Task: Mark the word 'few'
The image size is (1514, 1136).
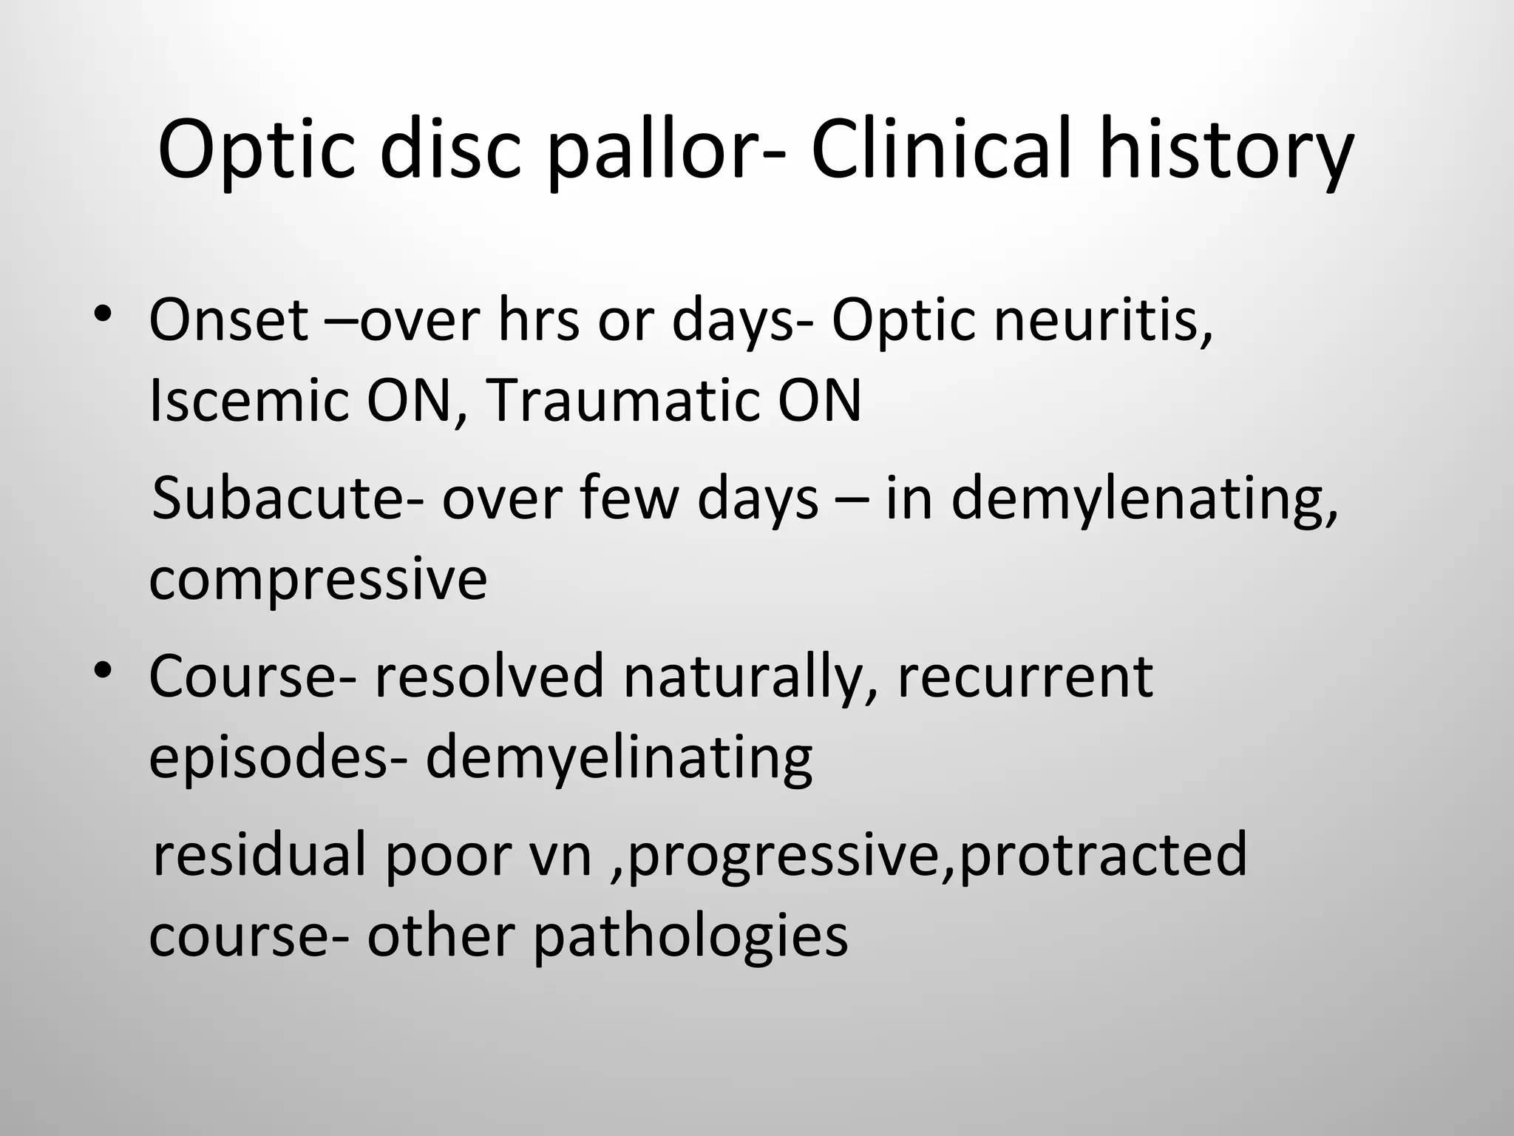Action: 628,498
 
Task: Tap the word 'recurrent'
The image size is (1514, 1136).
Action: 1025,676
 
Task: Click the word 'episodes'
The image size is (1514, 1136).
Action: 268,760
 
